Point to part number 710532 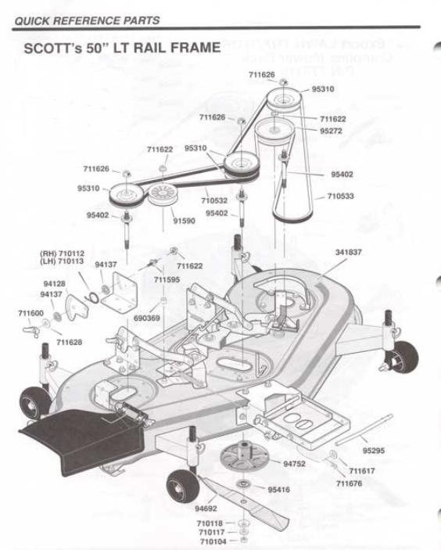coord(215,200)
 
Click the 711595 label coord(167,279)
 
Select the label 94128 coord(54,283)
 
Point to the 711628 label coord(68,343)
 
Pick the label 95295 coord(373,451)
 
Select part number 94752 coord(295,463)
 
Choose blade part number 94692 coord(206,509)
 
